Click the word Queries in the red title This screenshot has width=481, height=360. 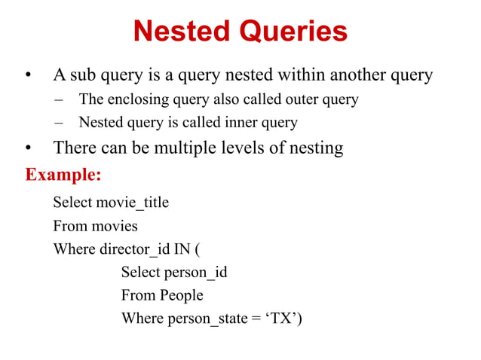tap(295, 32)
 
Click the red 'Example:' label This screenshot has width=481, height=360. tap(63, 175)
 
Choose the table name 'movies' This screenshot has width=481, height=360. tap(115, 226)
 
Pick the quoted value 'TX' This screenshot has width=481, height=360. tap(282, 319)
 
